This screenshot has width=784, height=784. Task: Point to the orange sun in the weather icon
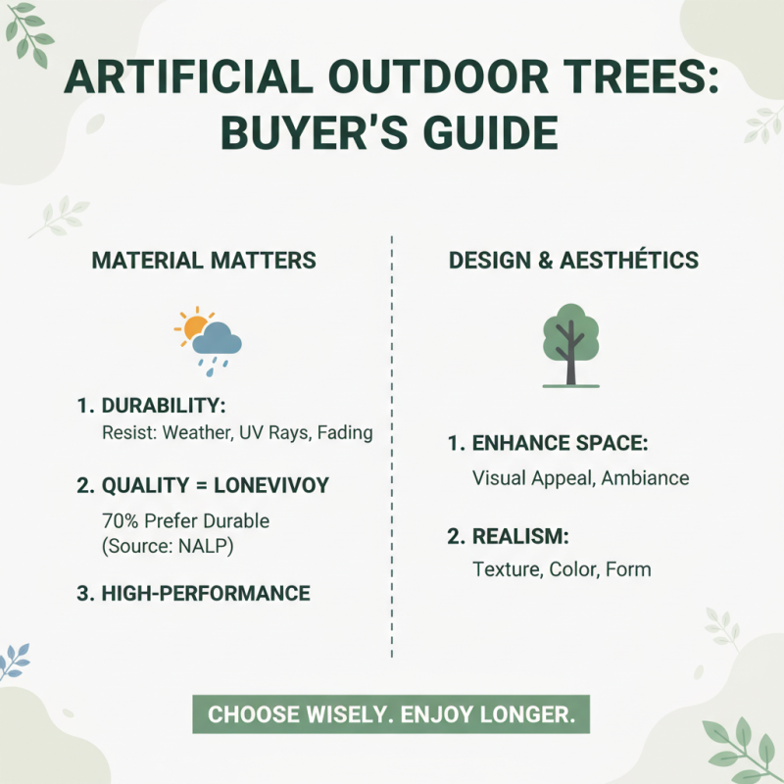[x=191, y=324]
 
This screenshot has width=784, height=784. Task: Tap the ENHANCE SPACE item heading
[x=560, y=444]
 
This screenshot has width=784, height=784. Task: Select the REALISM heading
[x=520, y=536]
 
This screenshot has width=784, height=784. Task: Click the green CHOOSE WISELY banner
[x=390, y=713]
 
